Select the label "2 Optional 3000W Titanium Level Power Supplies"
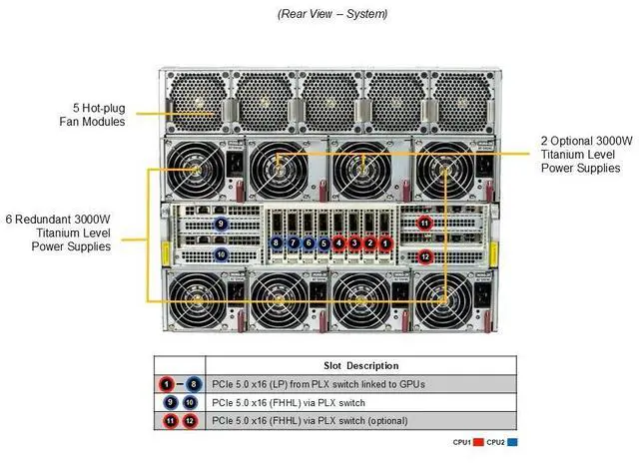[586, 155]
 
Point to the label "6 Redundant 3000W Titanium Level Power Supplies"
[63, 232]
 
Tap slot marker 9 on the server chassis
[221, 224]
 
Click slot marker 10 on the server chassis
[221, 255]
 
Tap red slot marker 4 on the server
[339, 242]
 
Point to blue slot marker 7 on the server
[293, 242]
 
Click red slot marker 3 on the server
[355, 242]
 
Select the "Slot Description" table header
[361, 365]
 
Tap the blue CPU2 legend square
[513, 441]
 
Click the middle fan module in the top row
[330, 100]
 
